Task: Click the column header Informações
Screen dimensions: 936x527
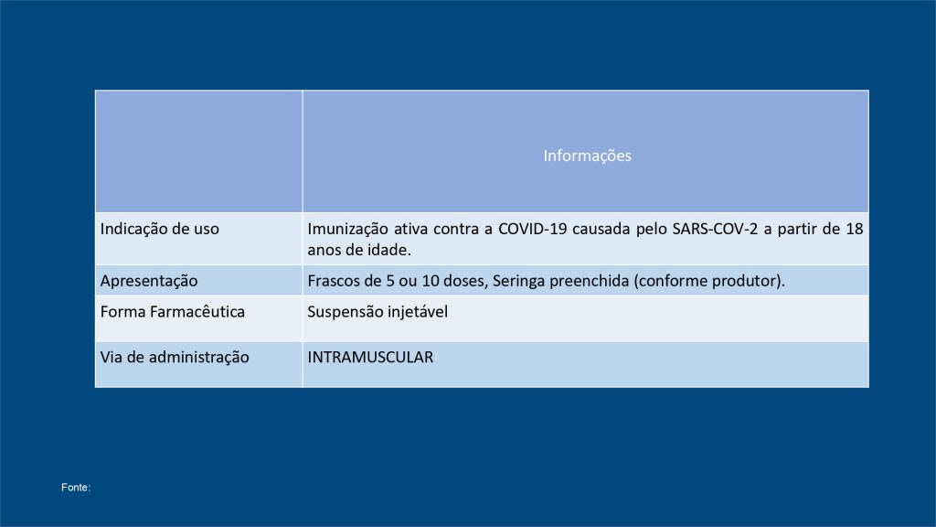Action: coord(587,156)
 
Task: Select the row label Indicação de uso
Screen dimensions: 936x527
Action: coord(159,230)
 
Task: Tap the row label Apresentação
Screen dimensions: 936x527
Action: coord(149,281)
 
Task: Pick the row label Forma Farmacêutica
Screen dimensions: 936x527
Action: coord(173,311)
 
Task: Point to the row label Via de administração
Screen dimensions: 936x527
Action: coord(175,358)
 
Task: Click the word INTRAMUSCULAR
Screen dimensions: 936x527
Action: coord(370,358)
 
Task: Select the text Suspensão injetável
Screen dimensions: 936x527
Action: coord(378,312)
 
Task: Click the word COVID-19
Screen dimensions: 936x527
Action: coord(533,229)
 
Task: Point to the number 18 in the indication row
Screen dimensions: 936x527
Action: coord(855,229)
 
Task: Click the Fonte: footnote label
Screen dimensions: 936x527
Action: coord(76,488)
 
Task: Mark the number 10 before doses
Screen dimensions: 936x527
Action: coord(431,281)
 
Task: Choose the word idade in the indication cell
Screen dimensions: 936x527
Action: coord(389,250)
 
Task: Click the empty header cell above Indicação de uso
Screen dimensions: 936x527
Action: coord(198,151)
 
